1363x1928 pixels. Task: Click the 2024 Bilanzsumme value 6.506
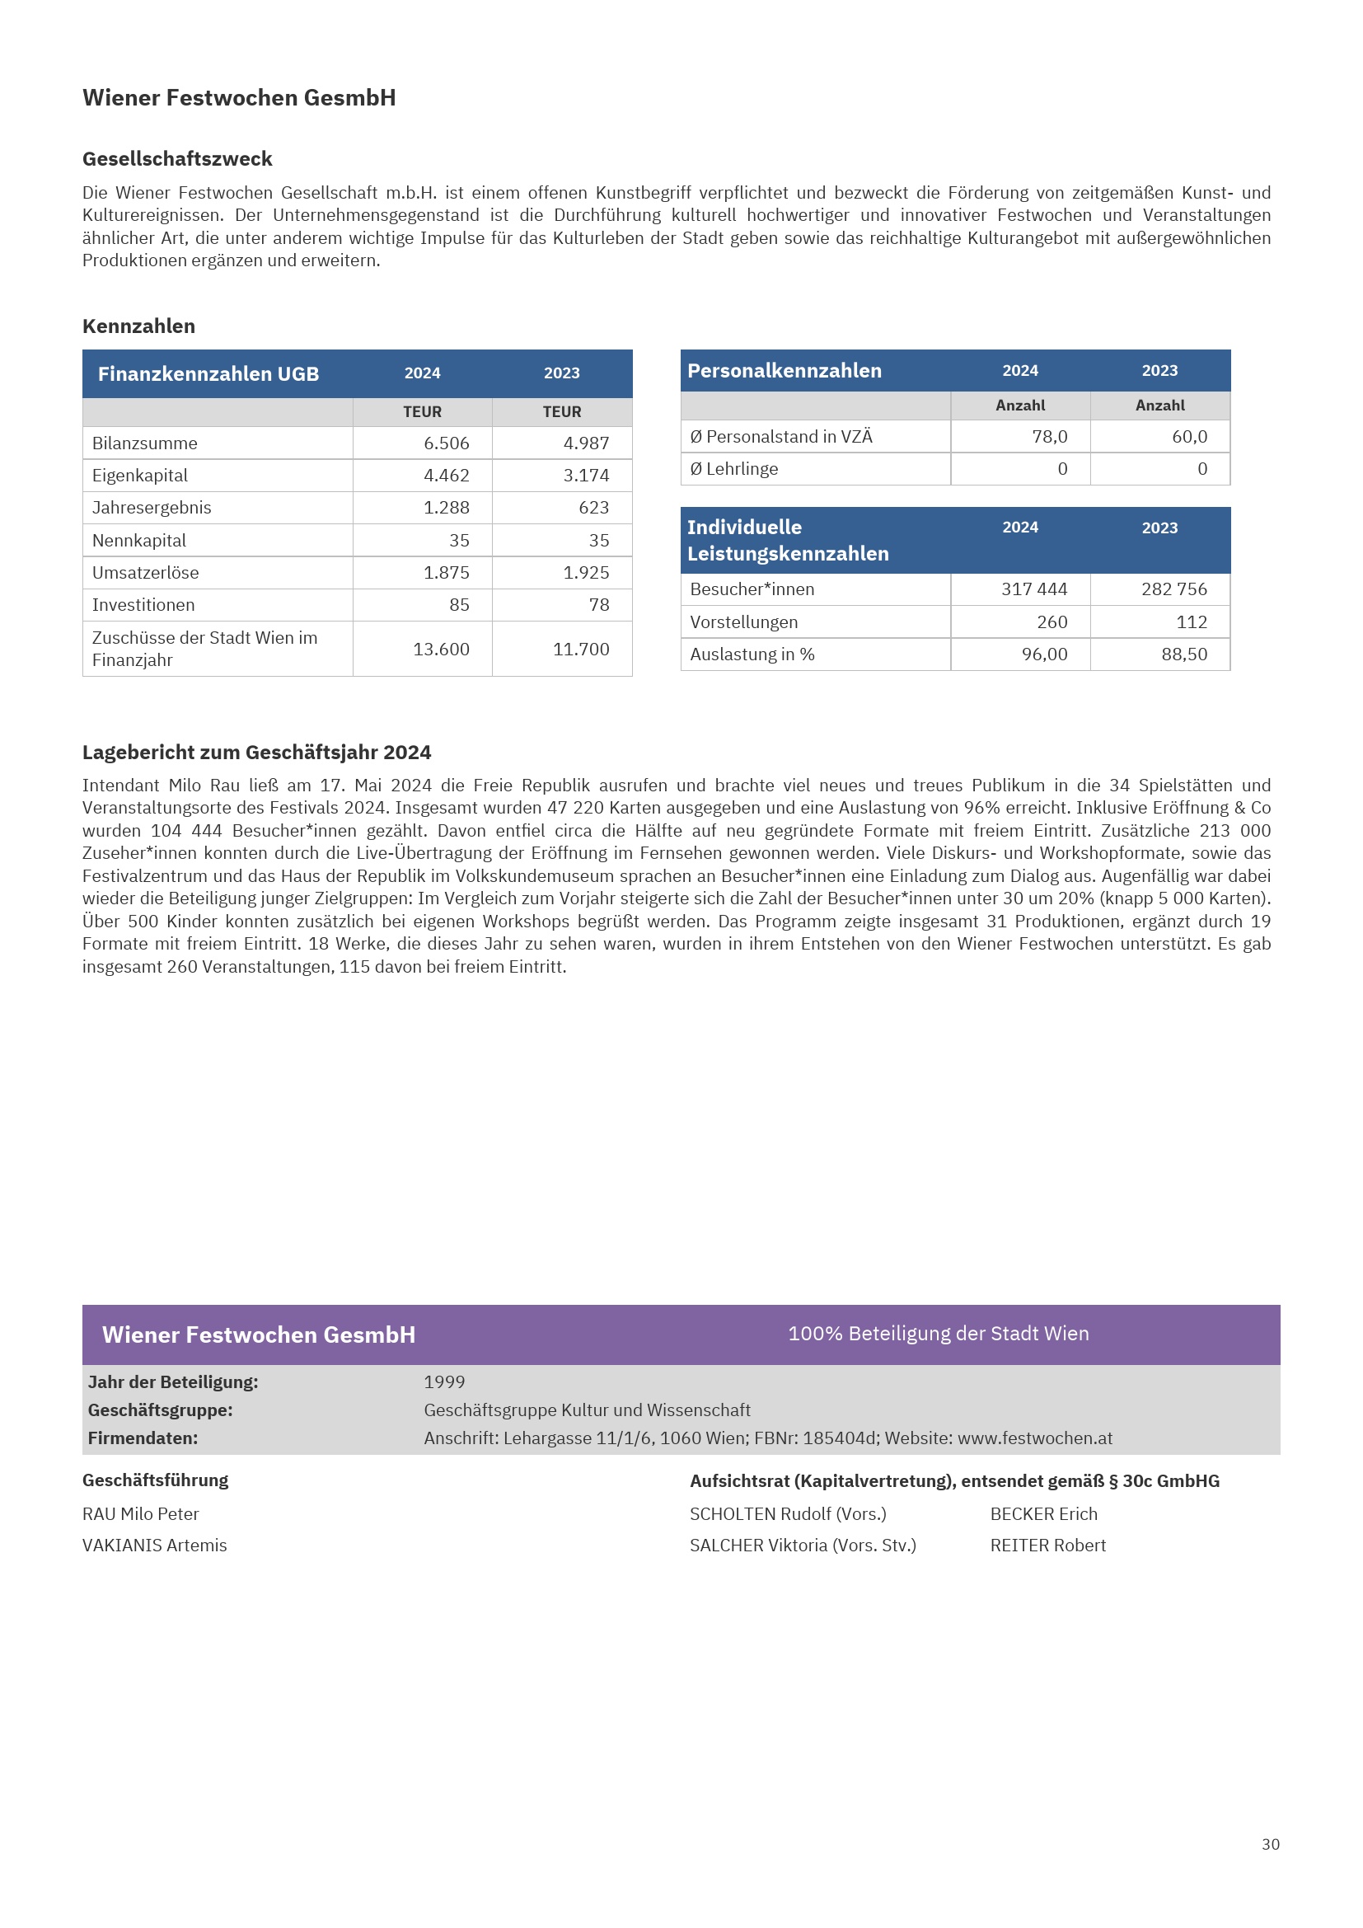[x=446, y=443]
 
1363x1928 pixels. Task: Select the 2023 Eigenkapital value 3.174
[x=586, y=476]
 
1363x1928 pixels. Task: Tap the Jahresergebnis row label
[x=152, y=508]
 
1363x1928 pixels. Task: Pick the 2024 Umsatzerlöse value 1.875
[x=446, y=573]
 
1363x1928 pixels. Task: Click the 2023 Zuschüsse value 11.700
[x=581, y=649]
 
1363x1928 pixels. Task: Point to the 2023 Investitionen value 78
[x=598, y=604]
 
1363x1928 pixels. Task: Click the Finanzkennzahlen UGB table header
[x=208, y=373]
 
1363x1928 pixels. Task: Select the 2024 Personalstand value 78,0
[x=1049, y=437]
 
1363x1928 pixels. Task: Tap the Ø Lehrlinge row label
[x=733, y=469]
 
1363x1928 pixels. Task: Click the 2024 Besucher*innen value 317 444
[x=1034, y=589]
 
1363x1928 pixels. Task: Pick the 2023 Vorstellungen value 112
[x=1191, y=622]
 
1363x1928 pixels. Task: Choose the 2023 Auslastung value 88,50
[x=1184, y=654]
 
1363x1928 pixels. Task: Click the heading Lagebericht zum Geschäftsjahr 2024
[x=257, y=753]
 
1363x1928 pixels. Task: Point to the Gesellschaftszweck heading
[x=177, y=159]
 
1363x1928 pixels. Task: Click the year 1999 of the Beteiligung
[x=444, y=1382]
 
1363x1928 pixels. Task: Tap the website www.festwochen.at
[x=1035, y=1438]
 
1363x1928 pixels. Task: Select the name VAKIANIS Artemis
[x=154, y=1546]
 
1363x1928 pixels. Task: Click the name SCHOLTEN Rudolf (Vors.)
[x=787, y=1514]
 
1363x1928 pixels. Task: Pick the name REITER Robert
[x=1047, y=1546]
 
